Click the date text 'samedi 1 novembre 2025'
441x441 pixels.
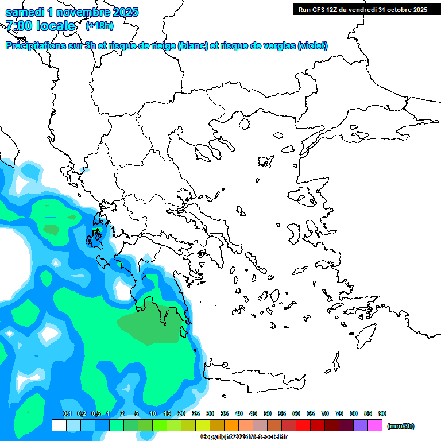click(72, 12)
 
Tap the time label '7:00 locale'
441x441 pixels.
click(40, 26)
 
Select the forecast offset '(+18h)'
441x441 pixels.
click(99, 26)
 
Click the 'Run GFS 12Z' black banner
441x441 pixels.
click(362, 9)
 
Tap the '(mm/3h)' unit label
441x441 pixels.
click(401, 426)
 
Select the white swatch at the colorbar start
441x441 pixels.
click(59, 425)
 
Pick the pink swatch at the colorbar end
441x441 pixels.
click(375, 425)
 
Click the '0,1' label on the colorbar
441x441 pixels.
click(67, 413)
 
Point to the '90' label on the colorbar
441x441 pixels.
click(382, 413)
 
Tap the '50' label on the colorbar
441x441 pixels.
click(268, 413)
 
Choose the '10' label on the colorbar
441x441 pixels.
click(153, 413)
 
